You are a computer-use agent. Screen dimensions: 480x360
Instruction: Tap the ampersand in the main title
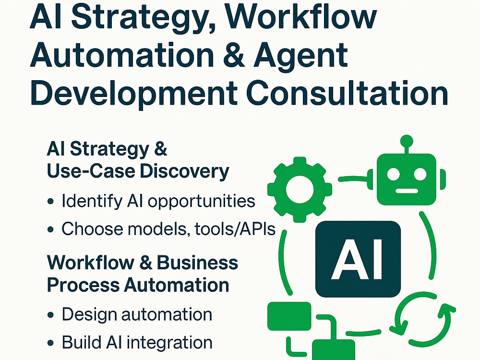click(x=235, y=55)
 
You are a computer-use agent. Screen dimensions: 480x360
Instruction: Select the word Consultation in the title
click(x=347, y=92)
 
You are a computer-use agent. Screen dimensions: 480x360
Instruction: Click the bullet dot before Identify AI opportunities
click(x=51, y=202)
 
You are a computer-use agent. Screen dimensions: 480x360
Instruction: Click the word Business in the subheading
click(x=197, y=263)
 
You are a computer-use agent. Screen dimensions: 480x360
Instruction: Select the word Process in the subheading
click(x=83, y=285)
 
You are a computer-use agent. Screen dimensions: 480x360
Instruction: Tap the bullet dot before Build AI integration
click(x=51, y=343)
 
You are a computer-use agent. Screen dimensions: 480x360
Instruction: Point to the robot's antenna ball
click(x=407, y=141)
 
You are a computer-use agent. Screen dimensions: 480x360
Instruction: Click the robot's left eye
click(x=393, y=175)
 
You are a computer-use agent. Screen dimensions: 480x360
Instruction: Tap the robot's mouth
click(x=407, y=191)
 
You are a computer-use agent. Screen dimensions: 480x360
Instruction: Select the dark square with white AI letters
click(x=358, y=259)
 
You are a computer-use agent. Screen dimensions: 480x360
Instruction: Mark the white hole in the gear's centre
click(x=300, y=190)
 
